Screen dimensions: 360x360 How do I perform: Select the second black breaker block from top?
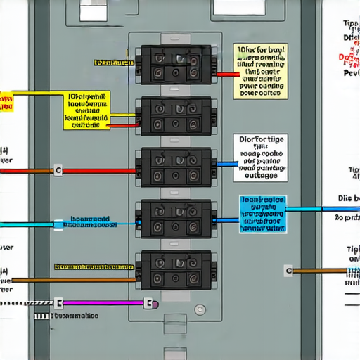176,116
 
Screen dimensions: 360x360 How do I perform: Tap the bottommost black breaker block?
176,270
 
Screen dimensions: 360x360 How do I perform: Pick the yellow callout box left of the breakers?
88,110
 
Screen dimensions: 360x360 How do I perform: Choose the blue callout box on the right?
263,214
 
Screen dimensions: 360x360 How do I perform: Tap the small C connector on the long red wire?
58,170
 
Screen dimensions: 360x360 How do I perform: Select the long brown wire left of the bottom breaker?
70,279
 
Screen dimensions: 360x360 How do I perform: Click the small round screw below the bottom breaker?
202,309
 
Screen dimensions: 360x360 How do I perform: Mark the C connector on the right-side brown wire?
288,270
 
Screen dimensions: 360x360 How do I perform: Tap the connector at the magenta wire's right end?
148,304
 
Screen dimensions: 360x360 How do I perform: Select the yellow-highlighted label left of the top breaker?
112,63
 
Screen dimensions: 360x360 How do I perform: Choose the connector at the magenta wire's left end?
59,303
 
